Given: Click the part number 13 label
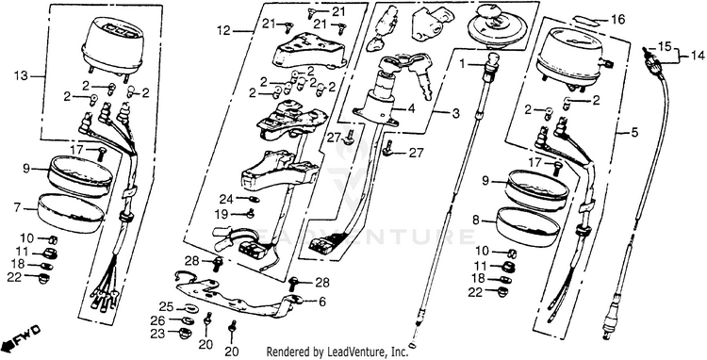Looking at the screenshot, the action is pos(22,75).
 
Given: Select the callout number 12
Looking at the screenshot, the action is pos(223,31).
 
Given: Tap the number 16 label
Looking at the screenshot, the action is pos(618,20).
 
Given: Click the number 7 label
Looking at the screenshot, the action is pos(18,208).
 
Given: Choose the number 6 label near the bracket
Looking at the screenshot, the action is pos(322,302).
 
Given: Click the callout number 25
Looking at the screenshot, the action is pos(166,307).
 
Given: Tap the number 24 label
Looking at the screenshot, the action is pos(226,199).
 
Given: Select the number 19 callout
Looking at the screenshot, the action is pos(222,215).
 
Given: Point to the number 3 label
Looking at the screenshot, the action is pos(455,113).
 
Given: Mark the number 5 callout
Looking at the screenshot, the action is pos(634,133).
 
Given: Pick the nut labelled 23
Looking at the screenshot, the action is pos(186,334).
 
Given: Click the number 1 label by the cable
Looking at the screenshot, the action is pos(462,63).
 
